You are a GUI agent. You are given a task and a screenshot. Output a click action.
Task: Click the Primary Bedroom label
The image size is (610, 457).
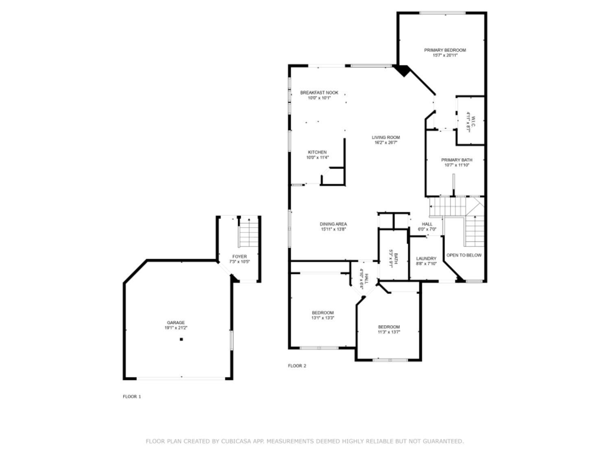pos(445,50)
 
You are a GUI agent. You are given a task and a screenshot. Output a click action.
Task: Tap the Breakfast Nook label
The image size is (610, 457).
pos(319,93)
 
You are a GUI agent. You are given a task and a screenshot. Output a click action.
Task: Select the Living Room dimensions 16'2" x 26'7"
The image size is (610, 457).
pos(386,143)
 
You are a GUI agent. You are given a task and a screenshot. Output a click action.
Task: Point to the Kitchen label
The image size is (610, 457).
pos(317,152)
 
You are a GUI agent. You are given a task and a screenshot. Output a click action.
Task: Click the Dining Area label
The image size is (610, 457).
pos(333,224)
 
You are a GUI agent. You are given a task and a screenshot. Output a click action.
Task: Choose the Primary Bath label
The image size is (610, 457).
pos(457,160)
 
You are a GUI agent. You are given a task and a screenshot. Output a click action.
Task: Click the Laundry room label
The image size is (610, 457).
pos(426,258)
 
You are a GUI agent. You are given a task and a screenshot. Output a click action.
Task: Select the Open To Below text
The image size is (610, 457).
pos(464,255)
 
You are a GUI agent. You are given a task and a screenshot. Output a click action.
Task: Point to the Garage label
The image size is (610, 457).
pos(176,323)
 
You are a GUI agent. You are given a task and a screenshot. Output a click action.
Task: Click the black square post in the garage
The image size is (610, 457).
pos(181,339)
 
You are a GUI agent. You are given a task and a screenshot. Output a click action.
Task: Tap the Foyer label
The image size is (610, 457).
pos(240,257)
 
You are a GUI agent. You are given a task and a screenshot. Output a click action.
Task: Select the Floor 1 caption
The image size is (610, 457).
pos(132,396)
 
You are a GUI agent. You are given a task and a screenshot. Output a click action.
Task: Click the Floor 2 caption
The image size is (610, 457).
pos(297,366)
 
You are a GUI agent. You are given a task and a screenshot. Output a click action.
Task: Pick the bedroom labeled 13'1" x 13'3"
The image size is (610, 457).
pos(322,315)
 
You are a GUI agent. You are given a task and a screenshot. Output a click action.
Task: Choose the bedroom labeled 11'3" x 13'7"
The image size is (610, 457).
pos(389,329)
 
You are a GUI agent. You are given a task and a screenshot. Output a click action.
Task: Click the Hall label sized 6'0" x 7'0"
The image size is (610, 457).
pos(427,227)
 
